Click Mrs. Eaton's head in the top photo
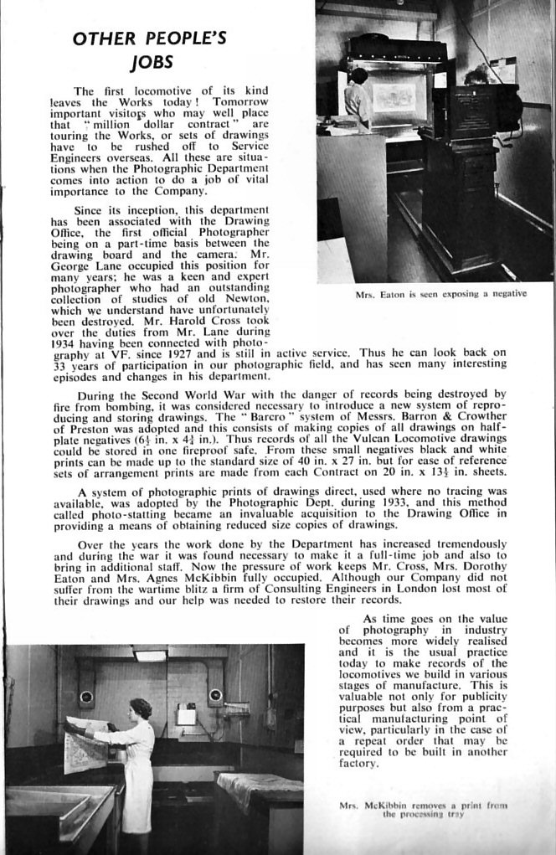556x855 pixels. click(x=359, y=75)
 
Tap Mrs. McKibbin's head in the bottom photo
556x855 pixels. click(x=141, y=708)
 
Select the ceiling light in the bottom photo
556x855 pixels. click(x=151, y=655)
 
